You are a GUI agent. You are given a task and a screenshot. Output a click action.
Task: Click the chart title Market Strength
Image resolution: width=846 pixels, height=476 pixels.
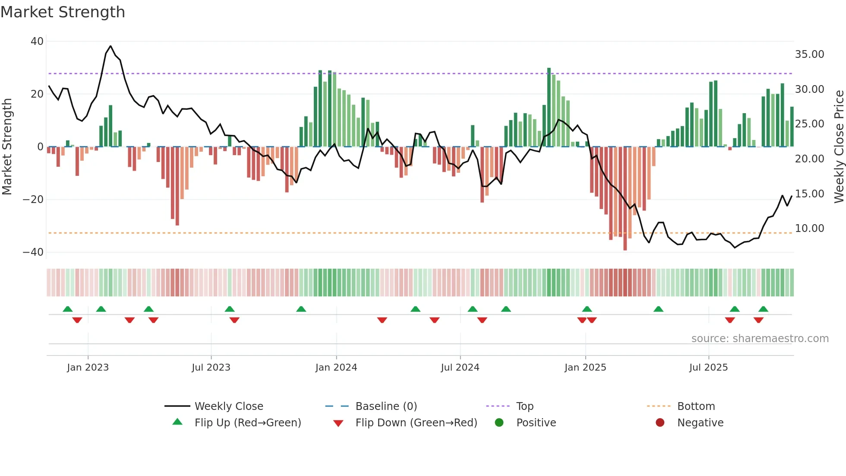point(63,12)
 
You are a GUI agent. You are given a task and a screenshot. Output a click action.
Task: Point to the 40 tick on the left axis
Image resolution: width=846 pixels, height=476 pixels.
point(37,41)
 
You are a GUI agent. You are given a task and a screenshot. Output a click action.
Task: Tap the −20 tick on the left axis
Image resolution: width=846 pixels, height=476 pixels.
point(33,200)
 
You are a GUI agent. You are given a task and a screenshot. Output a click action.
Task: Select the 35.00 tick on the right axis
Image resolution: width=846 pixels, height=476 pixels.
point(809,54)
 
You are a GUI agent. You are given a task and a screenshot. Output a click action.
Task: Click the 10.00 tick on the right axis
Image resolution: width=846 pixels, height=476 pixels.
point(809,228)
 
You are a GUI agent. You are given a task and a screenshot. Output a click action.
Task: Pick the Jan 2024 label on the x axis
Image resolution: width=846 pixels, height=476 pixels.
point(336,368)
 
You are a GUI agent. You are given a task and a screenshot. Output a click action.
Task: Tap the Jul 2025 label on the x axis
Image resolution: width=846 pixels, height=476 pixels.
point(708,368)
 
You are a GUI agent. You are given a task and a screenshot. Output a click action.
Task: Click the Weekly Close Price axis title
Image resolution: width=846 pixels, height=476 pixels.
point(839,147)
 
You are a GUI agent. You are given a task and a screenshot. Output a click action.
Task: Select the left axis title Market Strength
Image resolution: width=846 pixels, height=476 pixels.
point(7,147)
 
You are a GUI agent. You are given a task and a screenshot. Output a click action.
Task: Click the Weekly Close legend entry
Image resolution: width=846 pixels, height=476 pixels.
point(229,406)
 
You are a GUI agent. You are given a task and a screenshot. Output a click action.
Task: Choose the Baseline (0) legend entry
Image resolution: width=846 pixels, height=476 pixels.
point(386,406)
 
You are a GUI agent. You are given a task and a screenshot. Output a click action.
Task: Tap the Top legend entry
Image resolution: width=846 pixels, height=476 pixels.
point(524,406)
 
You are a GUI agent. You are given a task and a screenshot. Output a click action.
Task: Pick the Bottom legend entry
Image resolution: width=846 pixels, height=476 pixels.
point(696,406)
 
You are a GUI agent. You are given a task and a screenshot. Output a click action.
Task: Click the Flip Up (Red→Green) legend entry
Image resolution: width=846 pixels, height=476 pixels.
point(247,423)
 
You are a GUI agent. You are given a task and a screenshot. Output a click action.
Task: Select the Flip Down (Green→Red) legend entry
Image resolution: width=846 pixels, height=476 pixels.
point(416,423)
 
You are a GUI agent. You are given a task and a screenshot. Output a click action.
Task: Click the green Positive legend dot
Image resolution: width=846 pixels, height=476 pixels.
point(499,423)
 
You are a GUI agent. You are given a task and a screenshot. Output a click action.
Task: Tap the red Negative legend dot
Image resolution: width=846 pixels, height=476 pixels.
point(660,423)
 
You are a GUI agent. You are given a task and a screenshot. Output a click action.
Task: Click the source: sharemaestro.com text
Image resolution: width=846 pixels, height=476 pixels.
point(760,339)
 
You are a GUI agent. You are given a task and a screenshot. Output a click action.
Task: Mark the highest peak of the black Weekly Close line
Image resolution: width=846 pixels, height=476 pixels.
point(110,46)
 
